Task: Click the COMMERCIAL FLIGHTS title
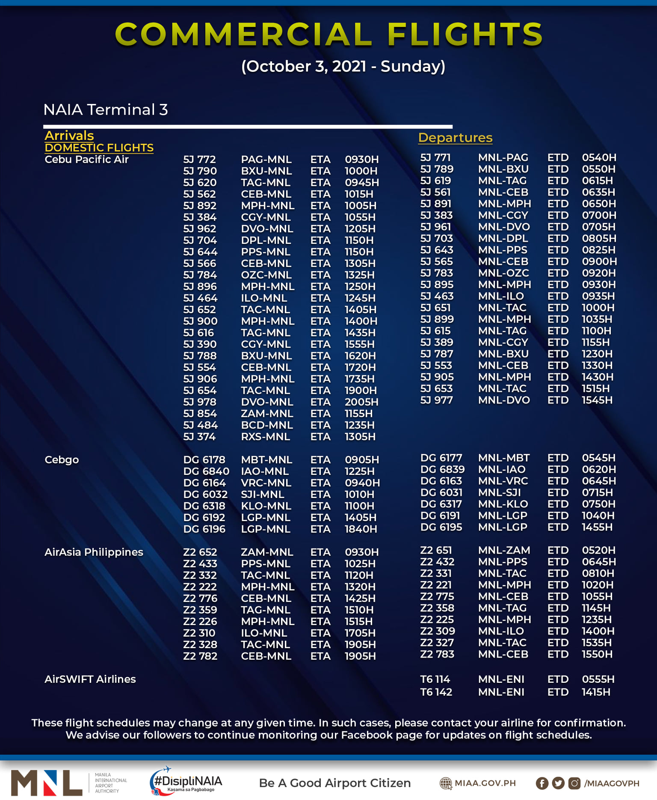coord(328,34)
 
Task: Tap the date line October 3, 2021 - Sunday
coord(343,67)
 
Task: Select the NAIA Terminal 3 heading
coord(106,110)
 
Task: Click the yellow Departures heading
coord(455,138)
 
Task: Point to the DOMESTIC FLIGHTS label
coord(99,148)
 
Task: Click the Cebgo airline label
coord(62,460)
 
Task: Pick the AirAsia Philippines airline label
coord(94,552)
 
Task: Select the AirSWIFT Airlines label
coord(90,679)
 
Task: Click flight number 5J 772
coord(199,160)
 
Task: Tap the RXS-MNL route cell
coord(265,437)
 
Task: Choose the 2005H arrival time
coord(361,402)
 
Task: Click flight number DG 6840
coord(206,471)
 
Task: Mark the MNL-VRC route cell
coord(503,481)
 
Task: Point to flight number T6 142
coord(436,692)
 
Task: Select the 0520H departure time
coord(598,551)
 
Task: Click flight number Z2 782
coord(200,656)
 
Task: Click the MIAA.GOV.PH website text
coord(485,783)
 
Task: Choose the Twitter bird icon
coord(558,783)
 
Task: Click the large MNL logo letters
coord(46,783)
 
